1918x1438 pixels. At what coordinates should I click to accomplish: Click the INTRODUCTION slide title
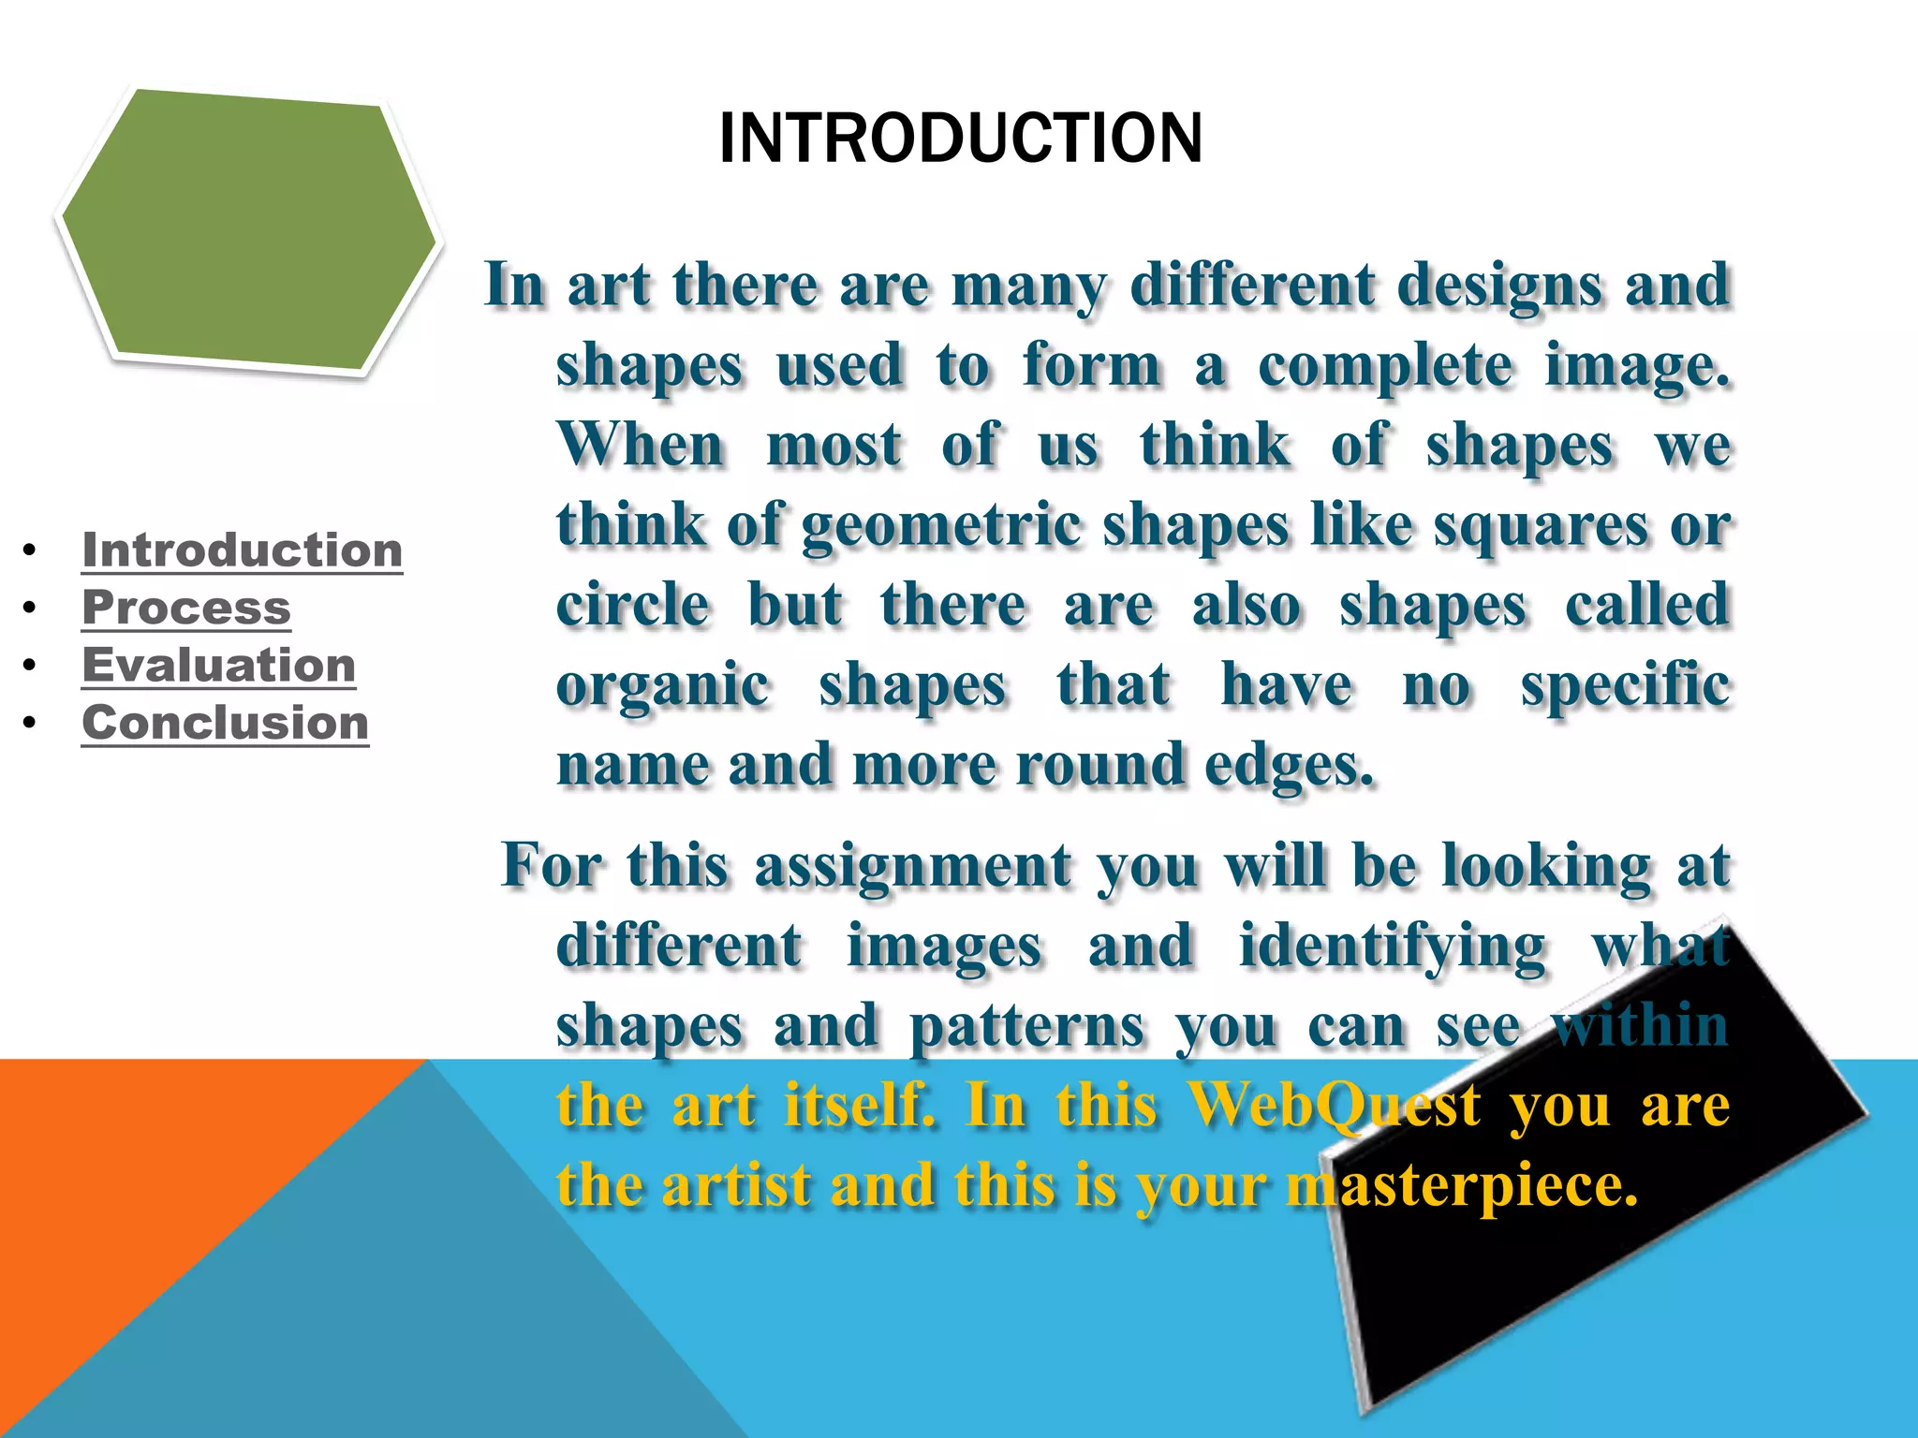coord(960,139)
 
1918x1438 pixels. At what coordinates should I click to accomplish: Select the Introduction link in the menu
coord(242,550)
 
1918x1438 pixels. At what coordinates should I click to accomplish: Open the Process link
coord(186,608)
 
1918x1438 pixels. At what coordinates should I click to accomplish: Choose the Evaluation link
coord(218,666)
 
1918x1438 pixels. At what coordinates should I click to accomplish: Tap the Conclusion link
coord(225,723)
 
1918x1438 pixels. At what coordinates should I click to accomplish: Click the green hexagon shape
coord(248,229)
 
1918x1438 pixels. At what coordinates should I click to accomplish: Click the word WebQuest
coord(1334,1105)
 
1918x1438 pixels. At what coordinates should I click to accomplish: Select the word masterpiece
coord(1462,1185)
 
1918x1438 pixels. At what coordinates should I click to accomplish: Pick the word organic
coord(662,686)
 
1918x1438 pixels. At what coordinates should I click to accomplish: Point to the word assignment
coord(912,866)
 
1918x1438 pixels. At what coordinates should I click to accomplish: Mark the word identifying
coord(1392,946)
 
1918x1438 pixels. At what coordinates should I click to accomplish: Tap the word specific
coord(1624,686)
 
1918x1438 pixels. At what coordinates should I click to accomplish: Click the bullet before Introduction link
coord(31,550)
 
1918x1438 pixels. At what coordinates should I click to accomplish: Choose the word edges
coord(1289,766)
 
